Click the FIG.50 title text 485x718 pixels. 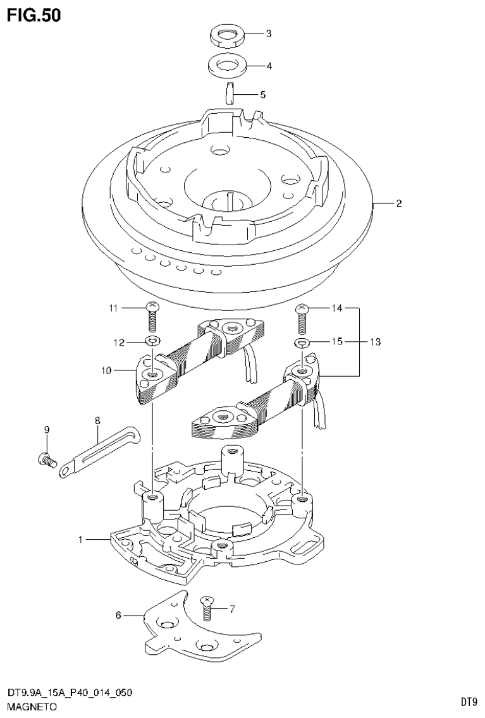pos(34,15)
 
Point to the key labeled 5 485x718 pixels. pos(230,93)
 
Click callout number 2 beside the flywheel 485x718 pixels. pos(399,204)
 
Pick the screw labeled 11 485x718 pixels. pos(151,316)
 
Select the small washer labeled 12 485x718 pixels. pos(152,342)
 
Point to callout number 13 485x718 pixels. pos(375,342)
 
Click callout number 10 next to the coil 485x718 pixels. pos(105,370)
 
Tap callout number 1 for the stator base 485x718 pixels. pos(81,540)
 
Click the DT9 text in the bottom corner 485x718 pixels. pos(468,702)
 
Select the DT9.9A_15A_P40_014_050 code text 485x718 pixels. pos(70,693)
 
